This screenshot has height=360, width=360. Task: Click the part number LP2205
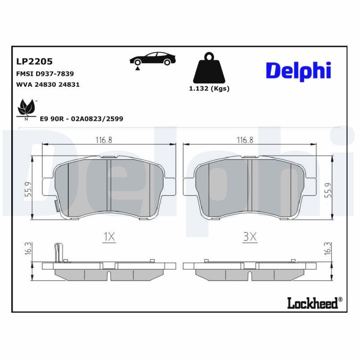pos(35,61)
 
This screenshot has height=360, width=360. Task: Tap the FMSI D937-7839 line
pos(45,73)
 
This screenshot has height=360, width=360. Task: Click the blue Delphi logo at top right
pos(298,71)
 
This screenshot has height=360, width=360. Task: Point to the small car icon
pos(153,59)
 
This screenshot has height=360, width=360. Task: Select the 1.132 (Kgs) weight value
pos(209,89)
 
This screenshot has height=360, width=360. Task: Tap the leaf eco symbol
pos(26,108)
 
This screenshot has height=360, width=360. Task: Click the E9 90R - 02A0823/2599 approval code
pos(81,118)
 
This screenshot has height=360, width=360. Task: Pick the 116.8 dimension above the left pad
pos(103,140)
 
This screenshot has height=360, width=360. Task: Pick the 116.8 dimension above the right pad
pos(245,140)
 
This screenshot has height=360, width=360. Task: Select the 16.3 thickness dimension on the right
pos(328,248)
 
